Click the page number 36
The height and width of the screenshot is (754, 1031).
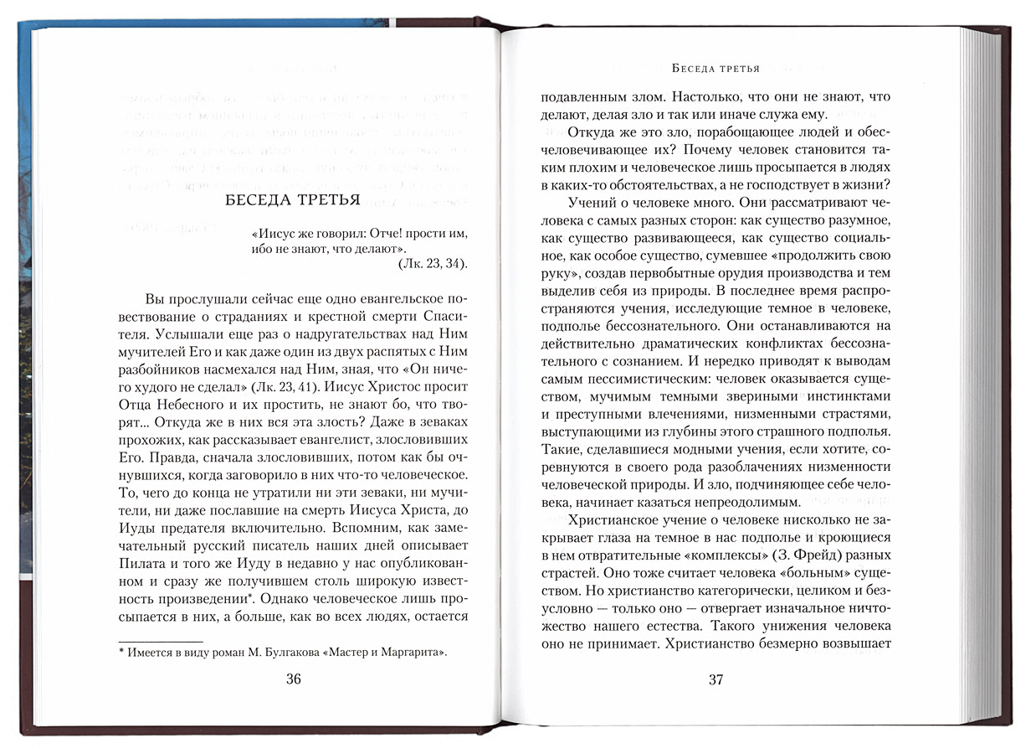point(293,679)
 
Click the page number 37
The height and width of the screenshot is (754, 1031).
point(715,679)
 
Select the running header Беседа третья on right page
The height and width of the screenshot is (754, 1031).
point(715,68)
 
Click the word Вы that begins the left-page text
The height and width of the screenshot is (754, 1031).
point(156,298)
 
